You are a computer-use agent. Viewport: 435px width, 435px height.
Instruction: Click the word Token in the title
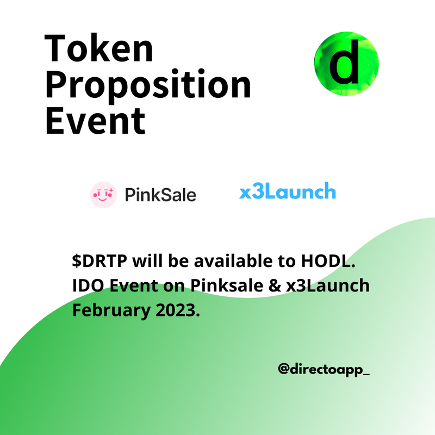pos(99,48)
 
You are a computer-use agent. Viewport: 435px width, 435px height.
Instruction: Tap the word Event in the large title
pos(95,121)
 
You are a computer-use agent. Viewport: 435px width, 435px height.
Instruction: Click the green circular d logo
pos(346,64)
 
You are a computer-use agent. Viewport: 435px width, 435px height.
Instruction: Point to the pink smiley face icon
pos(103,195)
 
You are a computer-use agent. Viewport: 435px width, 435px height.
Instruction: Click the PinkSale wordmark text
pos(160,195)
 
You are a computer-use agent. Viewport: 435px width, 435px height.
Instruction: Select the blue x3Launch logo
pos(288,191)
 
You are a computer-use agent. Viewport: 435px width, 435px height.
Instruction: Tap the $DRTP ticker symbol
pos(100,261)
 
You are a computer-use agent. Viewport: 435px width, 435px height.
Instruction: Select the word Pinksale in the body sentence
pos(227,285)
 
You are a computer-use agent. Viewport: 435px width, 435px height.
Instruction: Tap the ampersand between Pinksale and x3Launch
pos(275,285)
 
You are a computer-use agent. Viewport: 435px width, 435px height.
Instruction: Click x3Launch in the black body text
pos(328,285)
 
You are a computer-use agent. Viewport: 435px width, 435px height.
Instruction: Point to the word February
pos(111,310)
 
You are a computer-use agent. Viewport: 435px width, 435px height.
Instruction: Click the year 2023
pos(178,310)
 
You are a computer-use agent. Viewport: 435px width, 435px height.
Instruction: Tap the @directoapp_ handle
pos(324,369)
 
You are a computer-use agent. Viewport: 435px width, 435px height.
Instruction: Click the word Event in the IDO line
pos(134,285)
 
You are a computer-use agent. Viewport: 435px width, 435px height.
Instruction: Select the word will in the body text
pos(147,261)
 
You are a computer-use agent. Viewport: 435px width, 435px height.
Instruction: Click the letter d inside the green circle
pos(344,62)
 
